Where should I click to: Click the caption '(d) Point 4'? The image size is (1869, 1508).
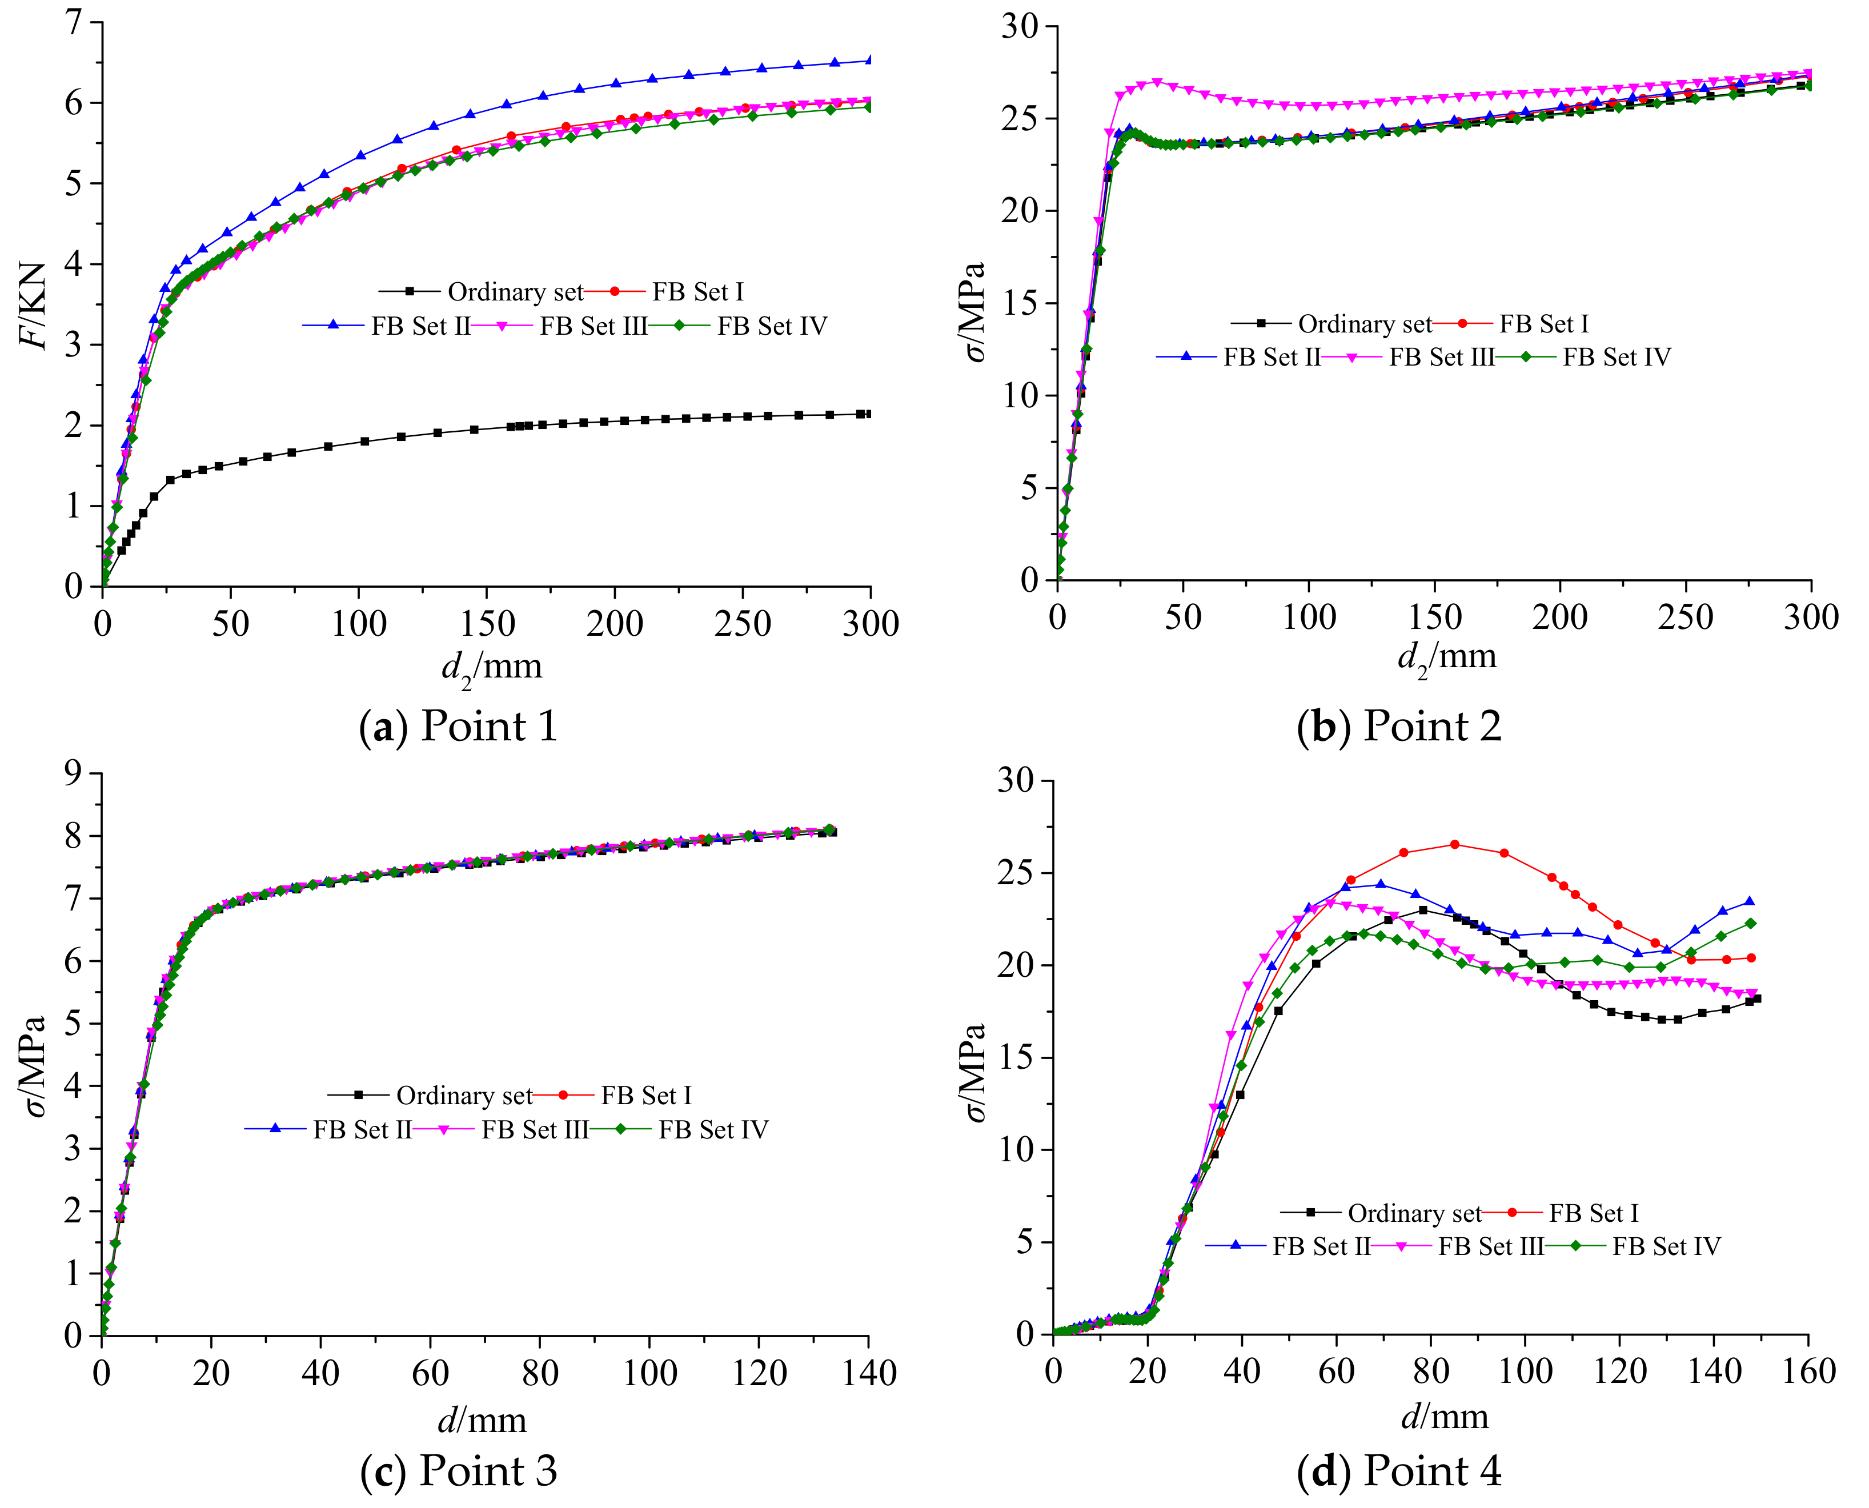click(1399, 1471)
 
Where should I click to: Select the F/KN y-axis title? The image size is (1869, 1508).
click(35, 303)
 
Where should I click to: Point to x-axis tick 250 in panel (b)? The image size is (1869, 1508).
click(1685, 617)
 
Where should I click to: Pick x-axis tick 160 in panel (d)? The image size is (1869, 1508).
click(1808, 1371)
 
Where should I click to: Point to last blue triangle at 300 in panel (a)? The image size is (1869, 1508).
click(869, 60)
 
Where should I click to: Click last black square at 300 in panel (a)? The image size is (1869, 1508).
click(868, 414)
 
